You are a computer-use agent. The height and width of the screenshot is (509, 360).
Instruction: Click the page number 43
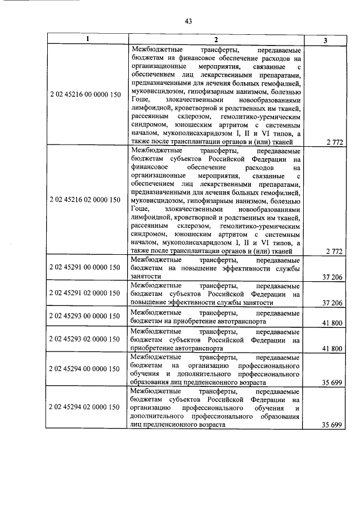click(188, 21)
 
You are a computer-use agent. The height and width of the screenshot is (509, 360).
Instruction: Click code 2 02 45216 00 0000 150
click(85, 94)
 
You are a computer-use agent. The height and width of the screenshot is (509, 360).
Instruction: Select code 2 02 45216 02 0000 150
click(85, 200)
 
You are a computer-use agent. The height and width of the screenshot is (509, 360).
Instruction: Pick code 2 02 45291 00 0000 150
click(85, 267)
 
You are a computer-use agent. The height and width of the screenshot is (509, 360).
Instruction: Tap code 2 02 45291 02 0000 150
click(85, 292)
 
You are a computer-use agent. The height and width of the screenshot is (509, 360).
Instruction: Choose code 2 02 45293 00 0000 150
click(85, 317)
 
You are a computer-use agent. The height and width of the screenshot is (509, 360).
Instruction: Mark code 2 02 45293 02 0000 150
click(85, 339)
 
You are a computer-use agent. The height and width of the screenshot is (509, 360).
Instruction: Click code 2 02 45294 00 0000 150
click(85, 368)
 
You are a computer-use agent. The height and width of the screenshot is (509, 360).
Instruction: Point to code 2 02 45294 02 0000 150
click(85, 406)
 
